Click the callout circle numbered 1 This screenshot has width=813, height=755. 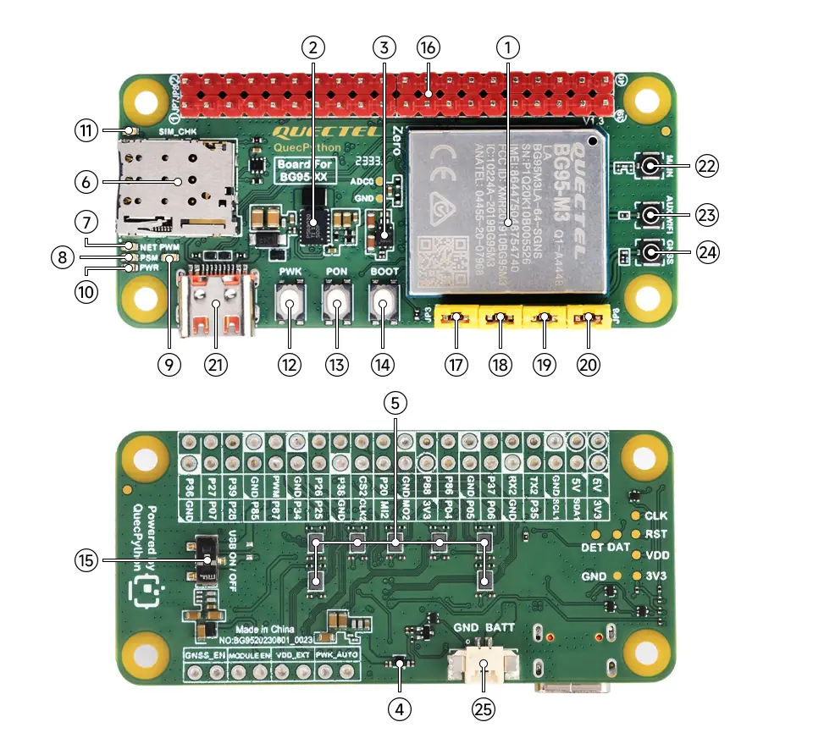pos(507,47)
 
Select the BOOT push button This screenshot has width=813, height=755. pos(384,303)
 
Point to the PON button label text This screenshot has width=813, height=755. pos(337,271)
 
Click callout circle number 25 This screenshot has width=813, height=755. pos(484,710)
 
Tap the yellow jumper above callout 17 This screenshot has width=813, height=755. pos(456,319)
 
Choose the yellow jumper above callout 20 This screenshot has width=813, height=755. pos(587,319)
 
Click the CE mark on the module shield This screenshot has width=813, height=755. pos(442,157)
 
